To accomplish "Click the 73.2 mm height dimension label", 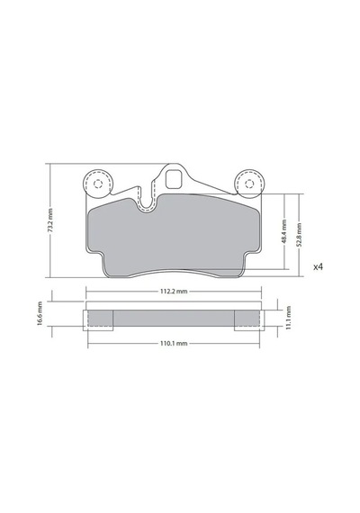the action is (x=50, y=220).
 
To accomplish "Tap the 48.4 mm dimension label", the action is (x=283, y=231).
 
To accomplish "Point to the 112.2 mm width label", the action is (x=174, y=292).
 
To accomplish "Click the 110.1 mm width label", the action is (x=174, y=344).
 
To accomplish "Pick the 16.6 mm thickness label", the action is (x=40, y=313).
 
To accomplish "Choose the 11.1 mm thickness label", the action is (x=288, y=318).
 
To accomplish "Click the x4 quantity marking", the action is (x=318, y=267).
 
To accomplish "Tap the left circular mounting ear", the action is (x=98, y=184).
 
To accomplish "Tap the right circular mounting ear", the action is (x=249, y=184).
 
